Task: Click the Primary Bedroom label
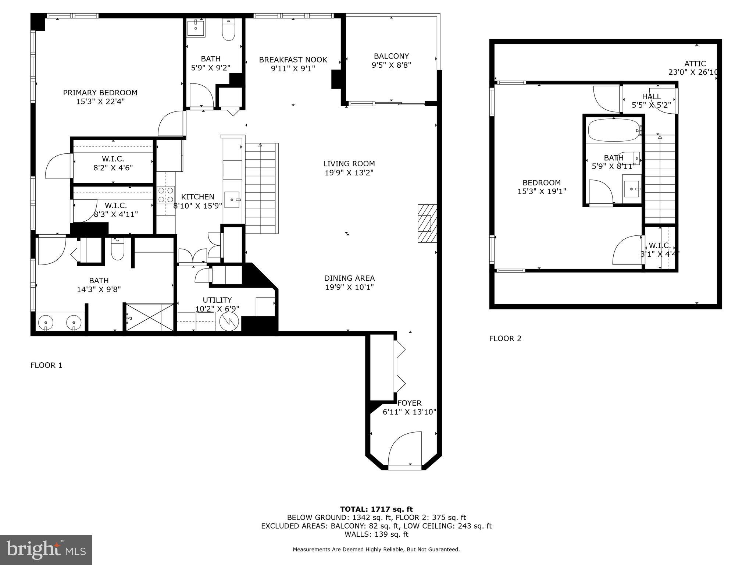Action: (x=100, y=93)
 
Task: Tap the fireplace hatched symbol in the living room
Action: (x=427, y=223)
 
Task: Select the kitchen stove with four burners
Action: (x=166, y=195)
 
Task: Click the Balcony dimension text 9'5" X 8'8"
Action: (x=391, y=65)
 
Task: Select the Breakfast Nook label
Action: (x=293, y=60)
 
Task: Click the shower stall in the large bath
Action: (x=150, y=317)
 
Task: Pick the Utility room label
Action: (x=217, y=300)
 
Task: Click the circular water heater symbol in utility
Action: (x=229, y=321)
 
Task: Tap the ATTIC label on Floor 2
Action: (x=695, y=64)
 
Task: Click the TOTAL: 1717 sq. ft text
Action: (x=376, y=509)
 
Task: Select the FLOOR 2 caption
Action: (x=505, y=338)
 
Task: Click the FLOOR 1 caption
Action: (x=46, y=365)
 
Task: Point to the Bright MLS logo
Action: (x=46, y=550)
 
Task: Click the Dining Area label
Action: (x=349, y=278)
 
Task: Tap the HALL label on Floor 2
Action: (x=651, y=96)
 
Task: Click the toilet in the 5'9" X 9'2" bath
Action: (x=229, y=31)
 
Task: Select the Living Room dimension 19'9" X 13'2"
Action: (x=349, y=173)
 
